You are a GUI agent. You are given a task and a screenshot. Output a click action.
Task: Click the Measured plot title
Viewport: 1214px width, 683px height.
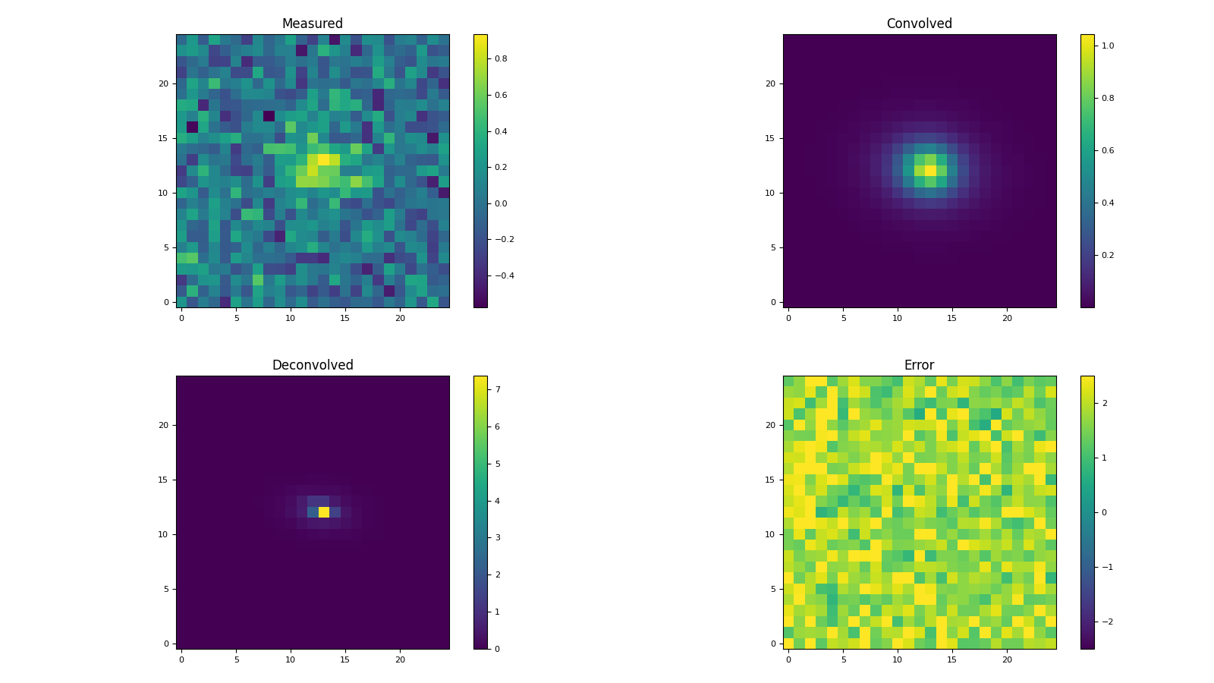point(312,24)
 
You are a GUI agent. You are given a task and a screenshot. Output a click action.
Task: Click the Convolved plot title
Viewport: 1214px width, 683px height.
point(919,24)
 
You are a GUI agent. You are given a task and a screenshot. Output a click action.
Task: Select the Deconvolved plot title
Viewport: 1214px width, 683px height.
point(312,366)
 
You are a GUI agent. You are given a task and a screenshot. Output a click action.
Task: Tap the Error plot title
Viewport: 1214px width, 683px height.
point(919,366)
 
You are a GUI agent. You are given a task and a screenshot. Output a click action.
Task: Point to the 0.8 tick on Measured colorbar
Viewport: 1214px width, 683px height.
point(501,58)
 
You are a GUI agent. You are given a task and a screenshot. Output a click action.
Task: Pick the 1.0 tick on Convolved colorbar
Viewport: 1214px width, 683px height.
point(1108,46)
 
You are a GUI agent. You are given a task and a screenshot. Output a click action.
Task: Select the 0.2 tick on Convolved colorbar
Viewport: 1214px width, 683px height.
point(1108,255)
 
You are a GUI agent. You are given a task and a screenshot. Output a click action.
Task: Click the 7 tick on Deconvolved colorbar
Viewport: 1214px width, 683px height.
point(497,389)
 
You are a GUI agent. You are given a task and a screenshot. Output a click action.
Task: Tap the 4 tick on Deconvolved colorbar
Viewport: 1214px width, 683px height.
point(497,501)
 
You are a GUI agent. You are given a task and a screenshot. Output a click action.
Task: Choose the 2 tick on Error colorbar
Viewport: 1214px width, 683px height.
point(1105,403)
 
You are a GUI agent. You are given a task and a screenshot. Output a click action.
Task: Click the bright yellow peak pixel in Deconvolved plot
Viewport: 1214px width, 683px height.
point(324,512)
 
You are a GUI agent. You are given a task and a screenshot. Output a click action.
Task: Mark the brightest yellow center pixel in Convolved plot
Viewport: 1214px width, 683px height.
point(931,171)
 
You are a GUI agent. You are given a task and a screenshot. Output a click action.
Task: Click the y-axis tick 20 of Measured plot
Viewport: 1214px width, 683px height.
point(162,83)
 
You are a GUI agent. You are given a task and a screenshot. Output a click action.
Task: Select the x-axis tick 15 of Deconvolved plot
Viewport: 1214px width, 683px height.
point(345,659)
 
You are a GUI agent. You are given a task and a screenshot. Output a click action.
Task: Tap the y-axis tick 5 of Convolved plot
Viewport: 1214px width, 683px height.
point(774,247)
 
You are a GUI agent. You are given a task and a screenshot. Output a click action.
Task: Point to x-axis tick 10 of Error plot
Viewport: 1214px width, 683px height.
point(898,659)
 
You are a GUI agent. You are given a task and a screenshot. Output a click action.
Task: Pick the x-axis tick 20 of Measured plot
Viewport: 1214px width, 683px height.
point(400,318)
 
